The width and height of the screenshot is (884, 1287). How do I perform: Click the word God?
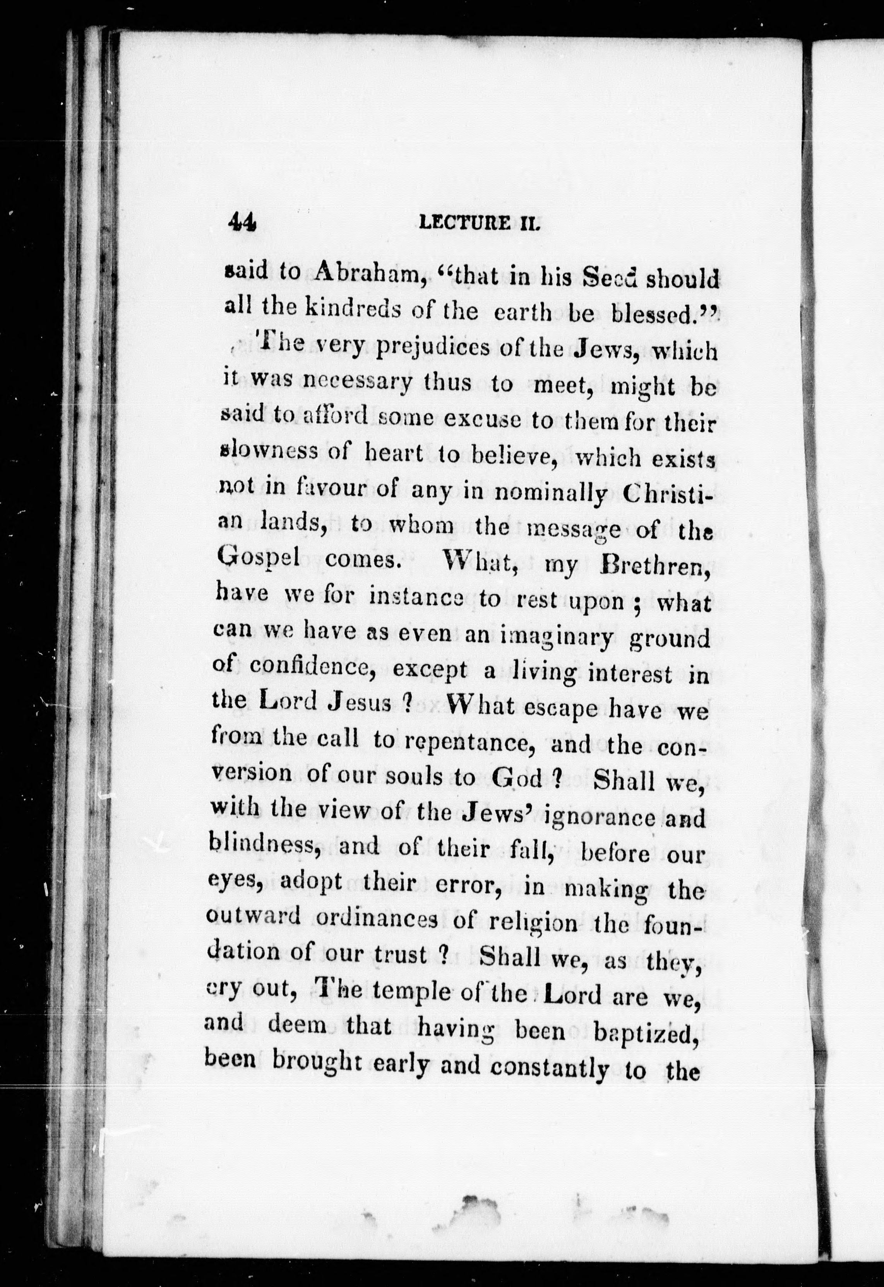click(x=517, y=778)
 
